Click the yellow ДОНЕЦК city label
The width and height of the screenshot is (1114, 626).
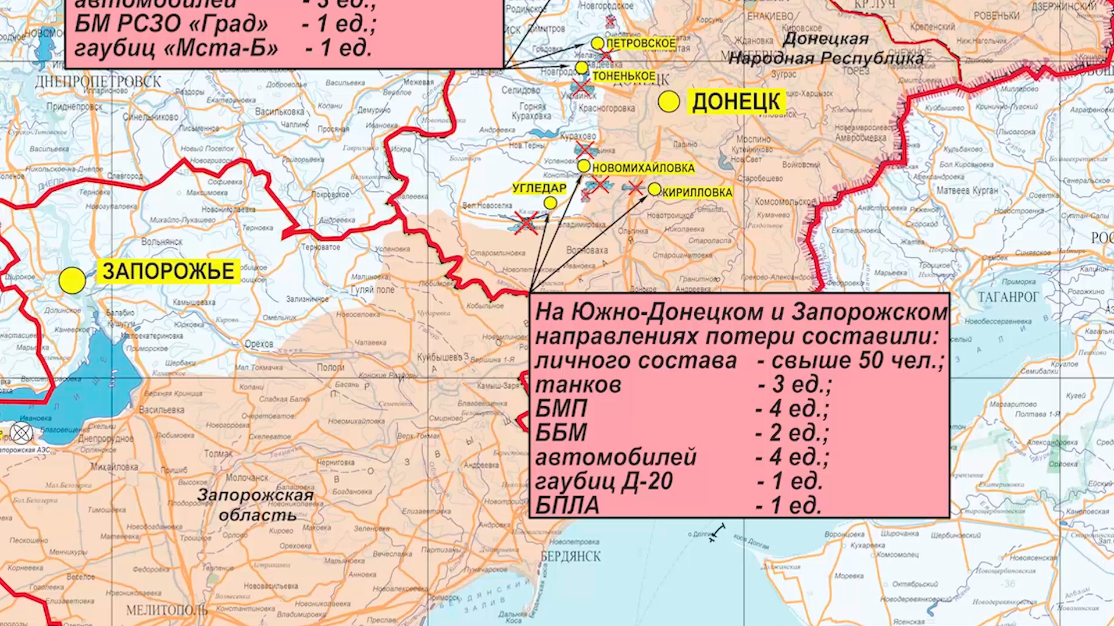coord(736,102)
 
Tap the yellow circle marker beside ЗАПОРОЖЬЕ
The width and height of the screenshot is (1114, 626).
coord(72,280)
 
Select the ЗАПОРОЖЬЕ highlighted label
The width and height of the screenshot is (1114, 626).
coord(169,271)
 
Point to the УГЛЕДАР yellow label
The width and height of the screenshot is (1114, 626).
coord(539,188)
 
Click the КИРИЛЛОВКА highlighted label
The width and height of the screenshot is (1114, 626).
coord(697,193)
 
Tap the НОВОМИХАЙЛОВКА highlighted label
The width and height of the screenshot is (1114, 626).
coord(643,168)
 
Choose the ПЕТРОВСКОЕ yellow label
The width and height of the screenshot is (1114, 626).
coord(641,44)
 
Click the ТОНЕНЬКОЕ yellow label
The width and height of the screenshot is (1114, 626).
coord(624,76)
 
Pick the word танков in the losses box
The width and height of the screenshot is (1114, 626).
coord(578,385)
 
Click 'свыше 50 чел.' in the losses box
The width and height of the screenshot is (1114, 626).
coord(850,360)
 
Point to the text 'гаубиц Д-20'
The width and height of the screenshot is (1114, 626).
coord(604,481)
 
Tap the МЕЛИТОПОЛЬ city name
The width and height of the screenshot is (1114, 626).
coord(167,610)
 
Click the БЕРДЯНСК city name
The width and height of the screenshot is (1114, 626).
coord(570,556)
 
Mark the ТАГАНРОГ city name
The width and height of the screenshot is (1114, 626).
coord(1008,297)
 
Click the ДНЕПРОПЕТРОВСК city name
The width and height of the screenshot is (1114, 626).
coord(98,81)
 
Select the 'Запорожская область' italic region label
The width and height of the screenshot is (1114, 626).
coord(256,505)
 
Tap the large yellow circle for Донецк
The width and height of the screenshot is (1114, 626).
coord(669,102)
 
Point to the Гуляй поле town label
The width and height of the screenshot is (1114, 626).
coord(373,289)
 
